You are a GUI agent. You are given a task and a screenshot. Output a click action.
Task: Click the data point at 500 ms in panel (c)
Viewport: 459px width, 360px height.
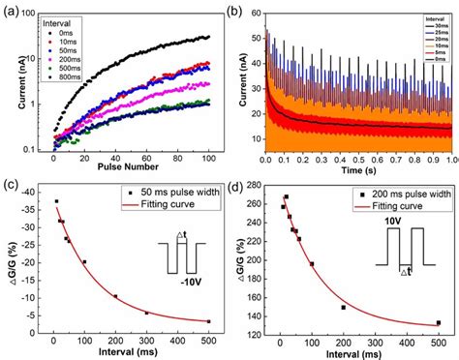click(208, 320)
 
